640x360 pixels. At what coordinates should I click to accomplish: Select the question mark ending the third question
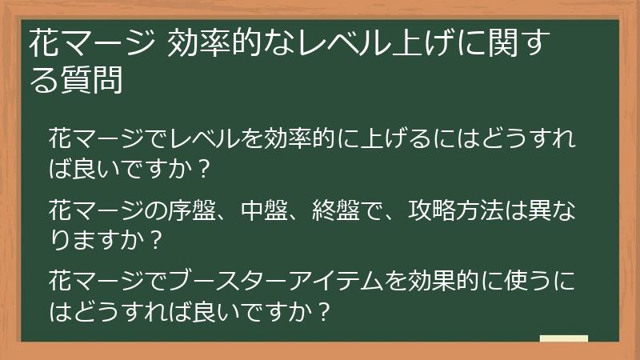[x=323, y=310]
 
